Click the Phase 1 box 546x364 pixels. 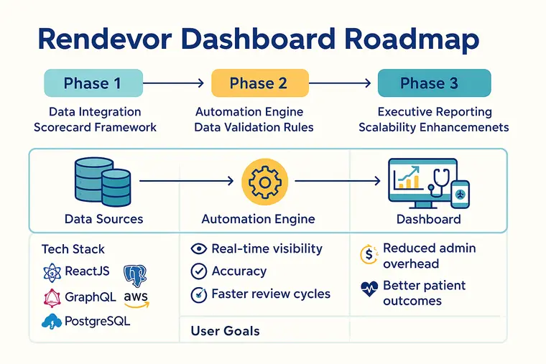tap(91, 83)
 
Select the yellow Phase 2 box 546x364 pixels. tap(259, 83)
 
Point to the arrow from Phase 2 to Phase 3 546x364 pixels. tap(343, 83)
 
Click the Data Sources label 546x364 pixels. tap(104, 219)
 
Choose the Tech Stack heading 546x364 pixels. tap(73, 249)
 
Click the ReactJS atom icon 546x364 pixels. tap(52, 273)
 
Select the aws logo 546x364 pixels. tap(136, 298)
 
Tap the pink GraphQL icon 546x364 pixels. tap(52, 297)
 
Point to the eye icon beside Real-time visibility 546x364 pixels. tap(198, 249)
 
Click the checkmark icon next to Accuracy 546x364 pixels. tap(198, 271)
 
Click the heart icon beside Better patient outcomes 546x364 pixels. tap(369, 290)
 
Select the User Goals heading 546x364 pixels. tap(225, 331)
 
